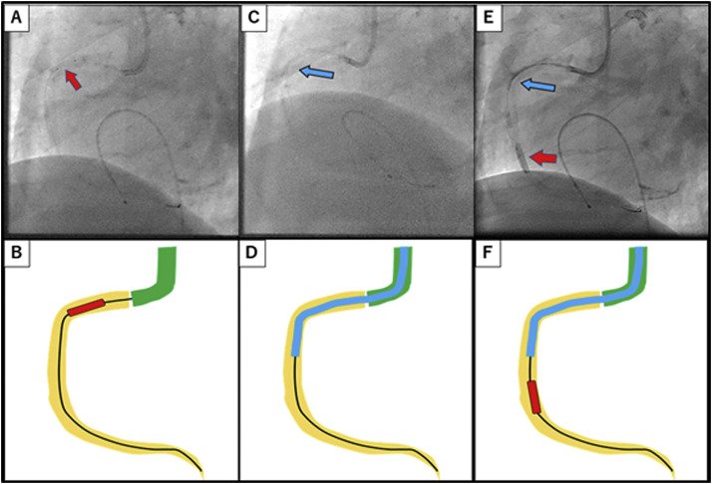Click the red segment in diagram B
(86, 307)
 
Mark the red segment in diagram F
(534, 396)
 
